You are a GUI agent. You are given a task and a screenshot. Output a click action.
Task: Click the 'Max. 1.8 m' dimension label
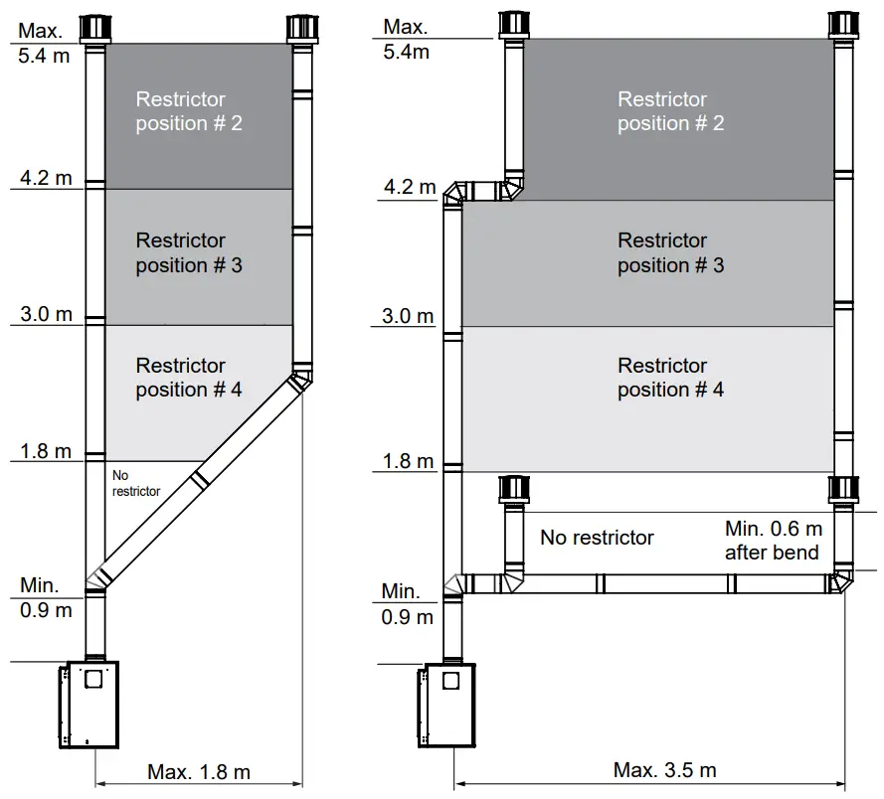pyautogui.click(x=199, y=771)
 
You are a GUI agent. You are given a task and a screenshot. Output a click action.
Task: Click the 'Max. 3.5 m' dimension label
pyautogui.click(x=664, y=770)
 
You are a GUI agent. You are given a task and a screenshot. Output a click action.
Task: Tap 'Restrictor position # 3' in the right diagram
pyautogui.click(x=670, y=252)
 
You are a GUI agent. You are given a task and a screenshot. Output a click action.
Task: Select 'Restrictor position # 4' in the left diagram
pyautogui.click(x=189, y=378)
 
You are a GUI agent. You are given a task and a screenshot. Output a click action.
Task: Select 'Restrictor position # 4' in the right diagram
pyautogui.click(x=670, y=378)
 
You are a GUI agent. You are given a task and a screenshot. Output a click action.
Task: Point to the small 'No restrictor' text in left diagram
pyautogui.click(x=136, y=483)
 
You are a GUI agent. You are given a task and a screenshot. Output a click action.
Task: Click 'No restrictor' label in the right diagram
pyautogui.click(x=597, y=538)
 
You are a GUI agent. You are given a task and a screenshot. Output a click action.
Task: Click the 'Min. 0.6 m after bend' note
pyautogui.click(x=774, y=541)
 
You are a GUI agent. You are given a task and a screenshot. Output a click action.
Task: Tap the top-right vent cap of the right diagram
pyautogui.click(x=843, y=26)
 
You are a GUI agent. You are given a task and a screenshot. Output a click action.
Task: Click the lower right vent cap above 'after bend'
pyautogui.click(x=843, y=491)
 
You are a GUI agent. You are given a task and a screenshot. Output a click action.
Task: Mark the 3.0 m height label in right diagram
pyautogui.click(x=409, y=317)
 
